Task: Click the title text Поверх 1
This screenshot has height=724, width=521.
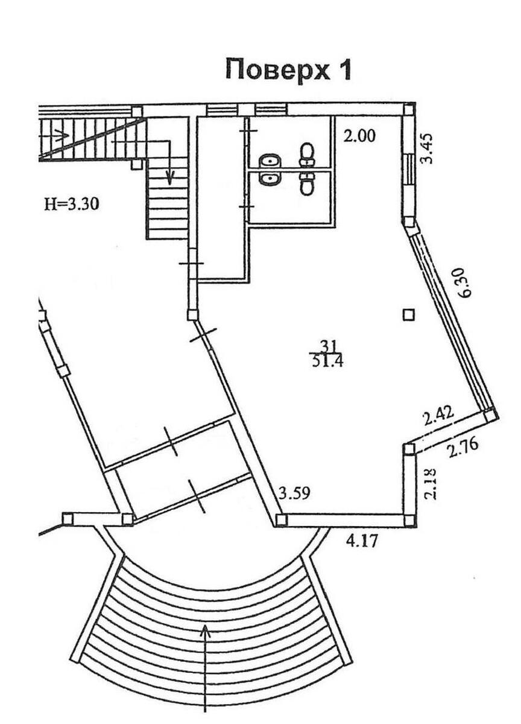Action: click(288, 69)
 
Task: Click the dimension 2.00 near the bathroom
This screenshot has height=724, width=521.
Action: click(359, 136)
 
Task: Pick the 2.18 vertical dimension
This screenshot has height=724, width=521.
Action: click(429, 484)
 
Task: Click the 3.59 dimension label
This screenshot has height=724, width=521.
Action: click(294, 494)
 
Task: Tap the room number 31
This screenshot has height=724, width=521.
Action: click(327, 346)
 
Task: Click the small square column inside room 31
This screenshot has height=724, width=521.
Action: click(409, 314)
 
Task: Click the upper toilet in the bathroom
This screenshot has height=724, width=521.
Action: click(308, 154)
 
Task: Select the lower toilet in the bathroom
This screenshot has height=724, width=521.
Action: click(308, 183)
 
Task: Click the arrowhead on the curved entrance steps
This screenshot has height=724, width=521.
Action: click(206, 630)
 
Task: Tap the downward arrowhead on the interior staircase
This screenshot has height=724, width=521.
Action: click(170, 178)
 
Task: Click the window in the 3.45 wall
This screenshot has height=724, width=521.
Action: click(409, 169)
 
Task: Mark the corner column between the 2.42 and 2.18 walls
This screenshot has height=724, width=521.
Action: click(409, 449)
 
